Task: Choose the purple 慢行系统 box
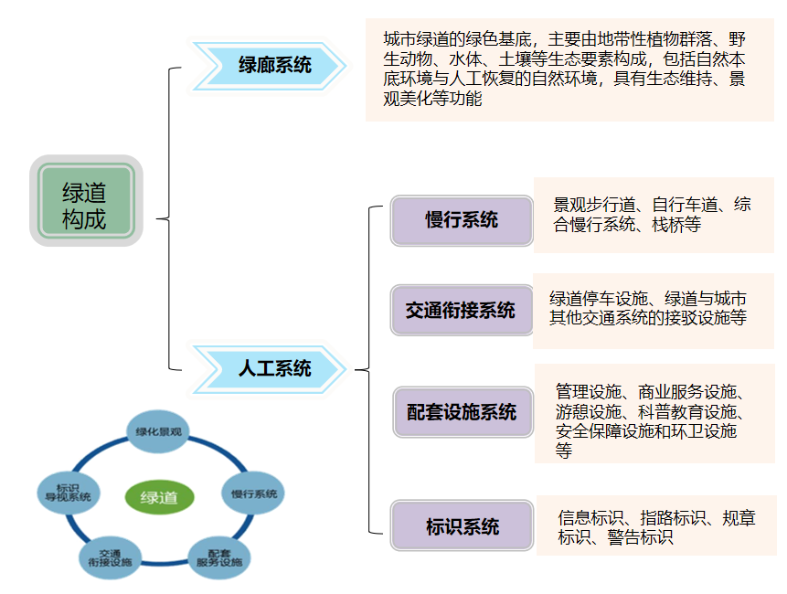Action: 462,220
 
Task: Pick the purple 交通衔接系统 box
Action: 462,311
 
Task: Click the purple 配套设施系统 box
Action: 462,412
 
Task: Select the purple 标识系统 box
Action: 462,526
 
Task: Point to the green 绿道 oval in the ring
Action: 159,498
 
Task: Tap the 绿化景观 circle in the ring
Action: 159,431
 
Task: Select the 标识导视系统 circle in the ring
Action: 68,493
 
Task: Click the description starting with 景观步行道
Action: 652,215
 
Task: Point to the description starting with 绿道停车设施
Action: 647,309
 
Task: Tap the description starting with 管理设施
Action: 650,411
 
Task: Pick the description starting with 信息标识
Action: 656,527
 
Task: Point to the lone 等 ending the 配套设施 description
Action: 564,450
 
